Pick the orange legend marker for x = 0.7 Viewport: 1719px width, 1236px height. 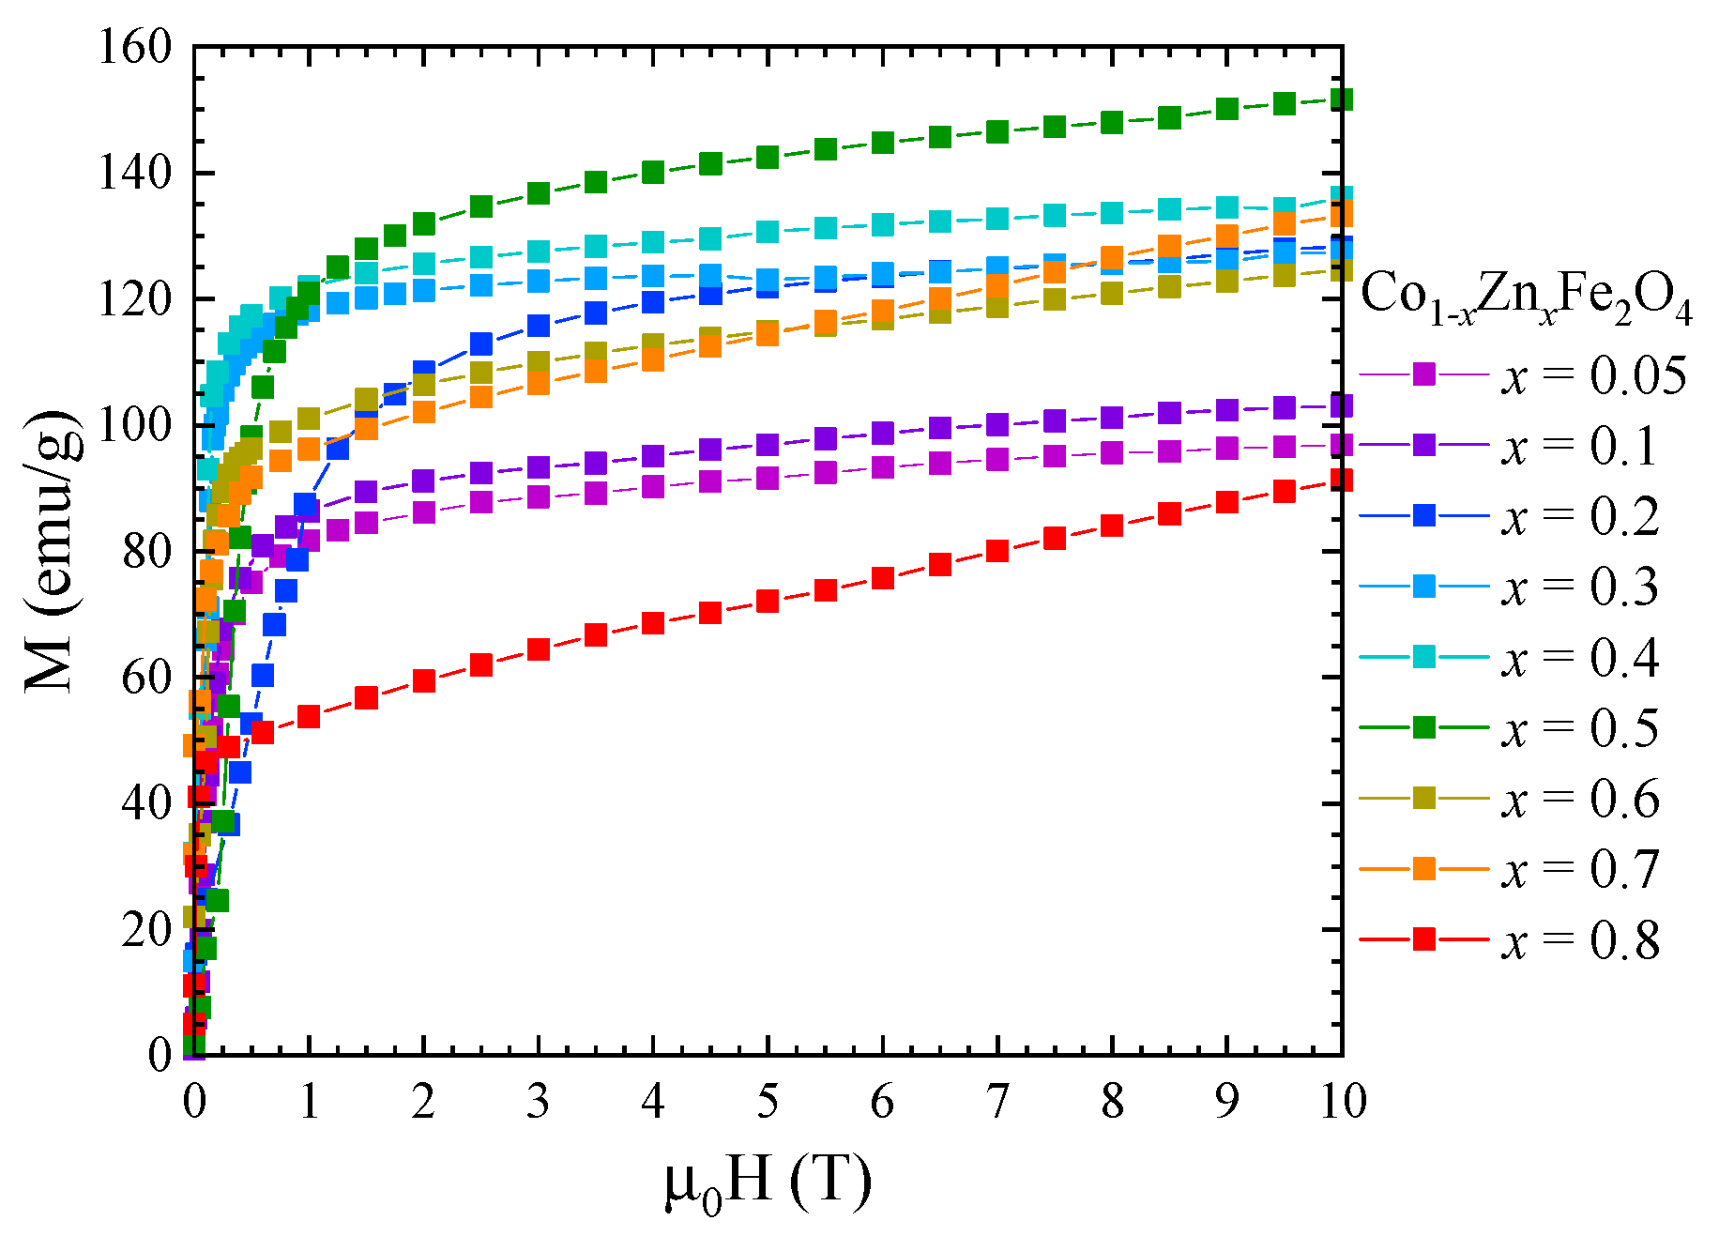click(1424, 869)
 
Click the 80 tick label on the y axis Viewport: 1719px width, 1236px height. click(146, 551)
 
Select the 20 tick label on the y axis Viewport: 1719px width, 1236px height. click(146, 929)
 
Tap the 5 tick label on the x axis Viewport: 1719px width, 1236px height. click(768, 1101)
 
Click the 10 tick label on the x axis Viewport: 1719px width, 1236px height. click(1342, 1101)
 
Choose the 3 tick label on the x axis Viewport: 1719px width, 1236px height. click(538, 1101)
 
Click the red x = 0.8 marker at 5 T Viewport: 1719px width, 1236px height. click(768, 601)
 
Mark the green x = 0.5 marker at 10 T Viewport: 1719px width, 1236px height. click(1342, 99)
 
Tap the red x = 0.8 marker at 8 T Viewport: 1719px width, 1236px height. click(1112, 525)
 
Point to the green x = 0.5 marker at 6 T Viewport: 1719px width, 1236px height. click(883, 143)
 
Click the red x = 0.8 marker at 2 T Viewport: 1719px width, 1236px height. click(424, 680)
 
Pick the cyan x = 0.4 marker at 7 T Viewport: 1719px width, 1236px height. click(997, 219)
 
